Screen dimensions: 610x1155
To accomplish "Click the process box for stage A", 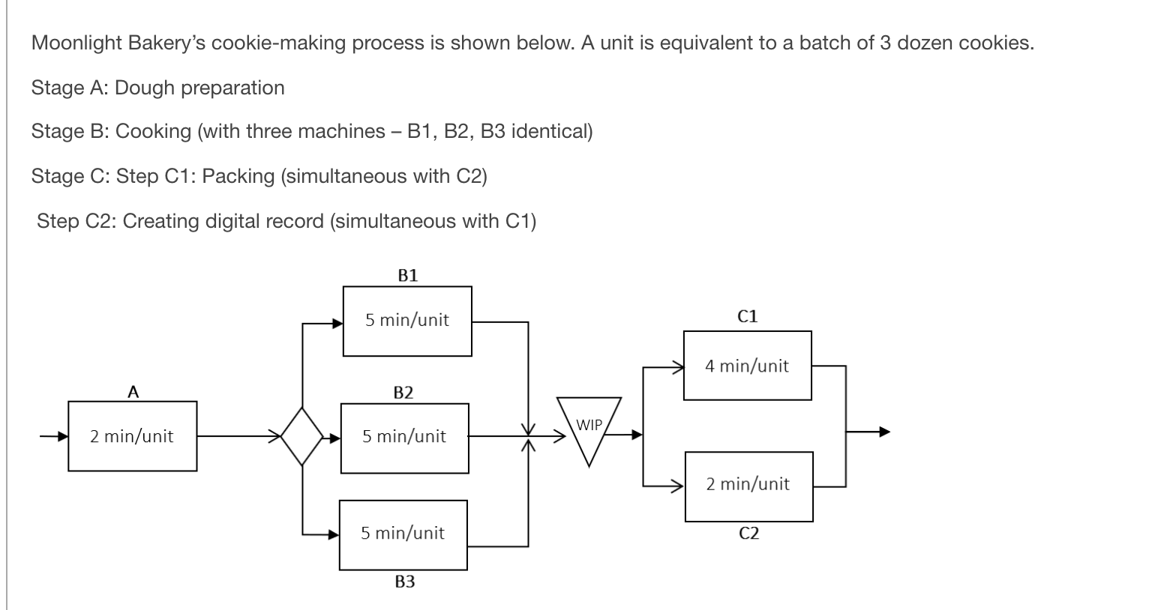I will coord(132,436).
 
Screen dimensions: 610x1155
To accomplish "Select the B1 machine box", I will coord(407,321).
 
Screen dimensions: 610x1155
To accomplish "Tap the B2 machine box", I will coord(404,438).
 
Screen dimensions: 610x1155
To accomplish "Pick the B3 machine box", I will coord(403,534).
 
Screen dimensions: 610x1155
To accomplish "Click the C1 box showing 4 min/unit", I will coord(747,366).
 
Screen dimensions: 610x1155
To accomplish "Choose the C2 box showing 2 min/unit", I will coord(748,486).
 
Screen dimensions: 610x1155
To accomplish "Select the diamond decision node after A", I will coord(301,435).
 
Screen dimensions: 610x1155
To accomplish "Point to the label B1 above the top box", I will coord(407,275).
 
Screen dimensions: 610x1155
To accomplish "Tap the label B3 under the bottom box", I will coord(404,582).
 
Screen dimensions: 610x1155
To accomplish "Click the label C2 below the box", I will coord(748,533).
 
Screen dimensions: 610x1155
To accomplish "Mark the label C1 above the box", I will coord(748,316).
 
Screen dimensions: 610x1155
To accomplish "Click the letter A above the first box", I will coord(133,390).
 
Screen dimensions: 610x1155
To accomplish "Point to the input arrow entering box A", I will coord(53,435).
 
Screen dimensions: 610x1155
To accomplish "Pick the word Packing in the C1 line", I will coord(238,176).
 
